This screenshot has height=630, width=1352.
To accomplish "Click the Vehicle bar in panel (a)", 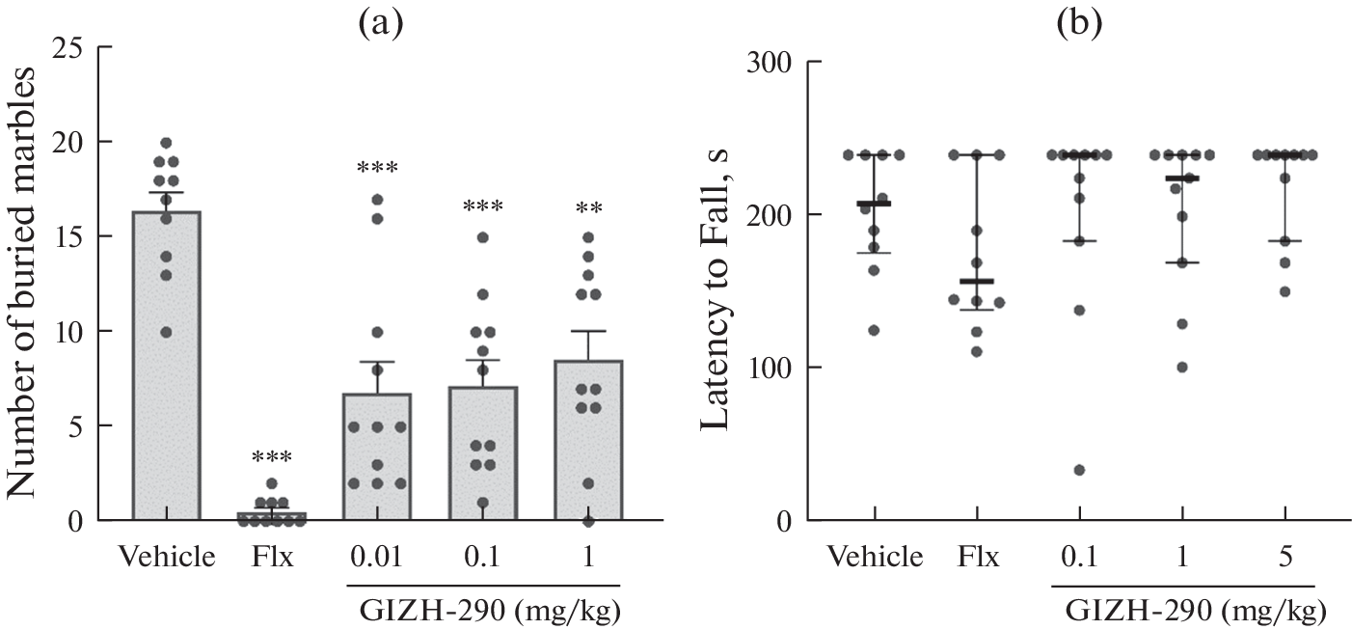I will coord(166,386).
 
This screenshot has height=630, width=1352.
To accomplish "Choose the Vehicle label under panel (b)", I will coord(875,558).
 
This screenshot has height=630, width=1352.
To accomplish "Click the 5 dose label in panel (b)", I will coord(1284,558).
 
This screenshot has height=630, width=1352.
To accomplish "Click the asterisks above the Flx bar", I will coord(272,457).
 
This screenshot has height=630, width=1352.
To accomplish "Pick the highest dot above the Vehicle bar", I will coord(166,144).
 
